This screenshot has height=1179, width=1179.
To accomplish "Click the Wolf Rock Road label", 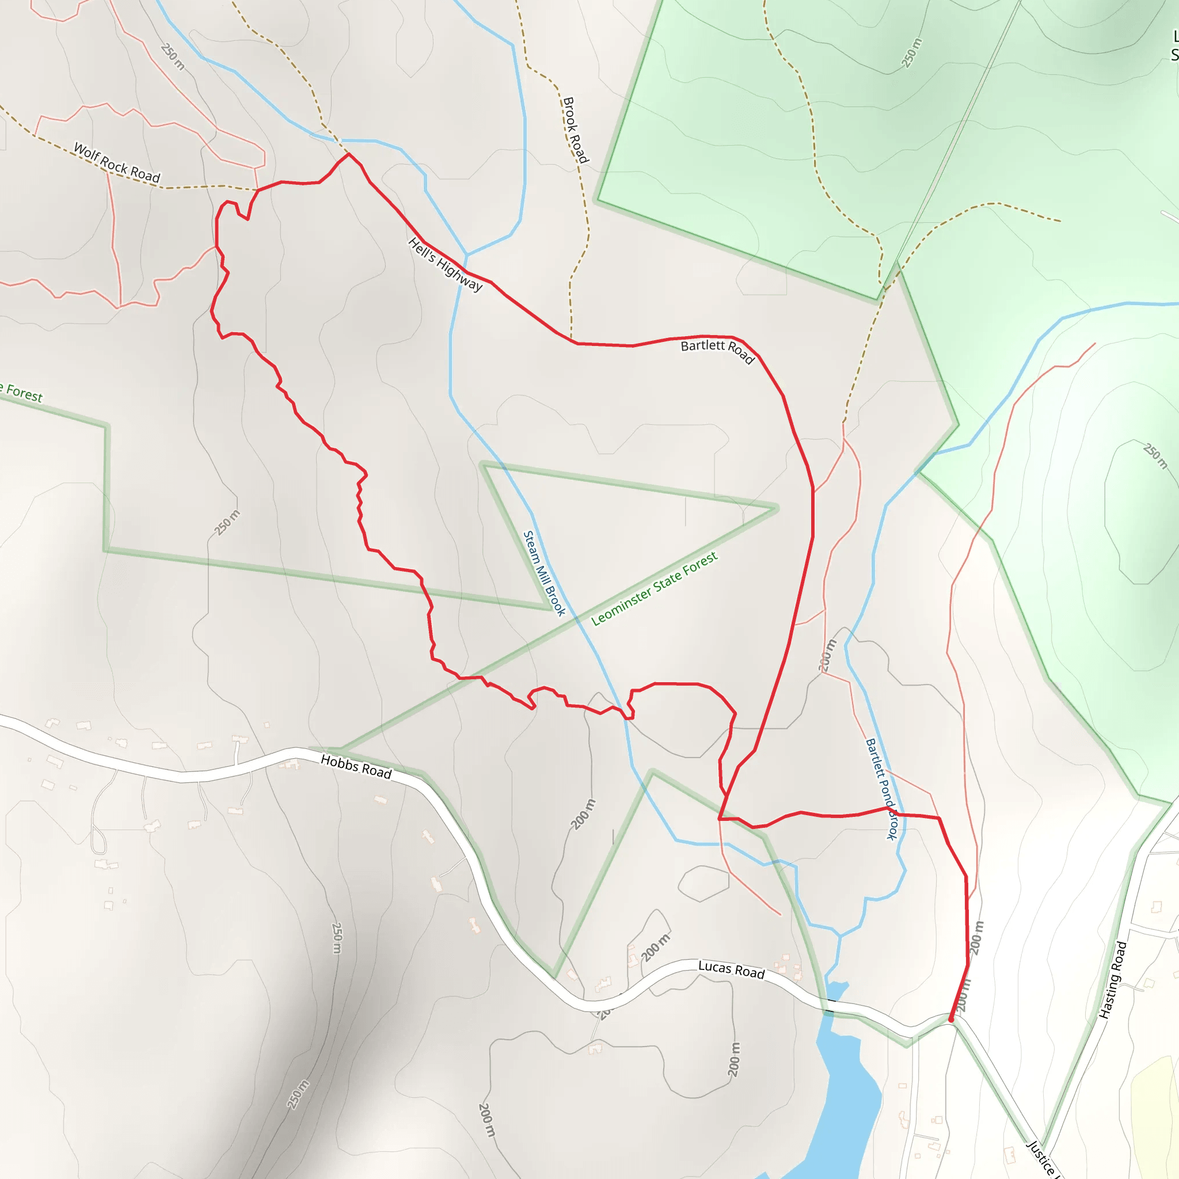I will (116, 162).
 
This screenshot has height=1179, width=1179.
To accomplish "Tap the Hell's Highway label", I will (445, 264).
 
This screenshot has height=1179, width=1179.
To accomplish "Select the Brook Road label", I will (575, 130).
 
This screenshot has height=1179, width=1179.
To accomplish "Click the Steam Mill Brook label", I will (543, 572).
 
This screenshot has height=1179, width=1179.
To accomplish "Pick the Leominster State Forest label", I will (654, 588).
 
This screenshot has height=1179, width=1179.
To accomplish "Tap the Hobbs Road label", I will (356, 766).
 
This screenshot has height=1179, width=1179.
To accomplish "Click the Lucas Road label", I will (731, 969).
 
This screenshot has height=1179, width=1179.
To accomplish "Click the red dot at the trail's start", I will (951, 1019).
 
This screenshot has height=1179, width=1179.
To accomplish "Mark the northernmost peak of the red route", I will (348, 154).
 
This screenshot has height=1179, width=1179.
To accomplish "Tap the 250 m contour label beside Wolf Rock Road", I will (173, 56).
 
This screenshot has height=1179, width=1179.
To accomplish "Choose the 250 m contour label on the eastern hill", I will (1155, 456).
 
